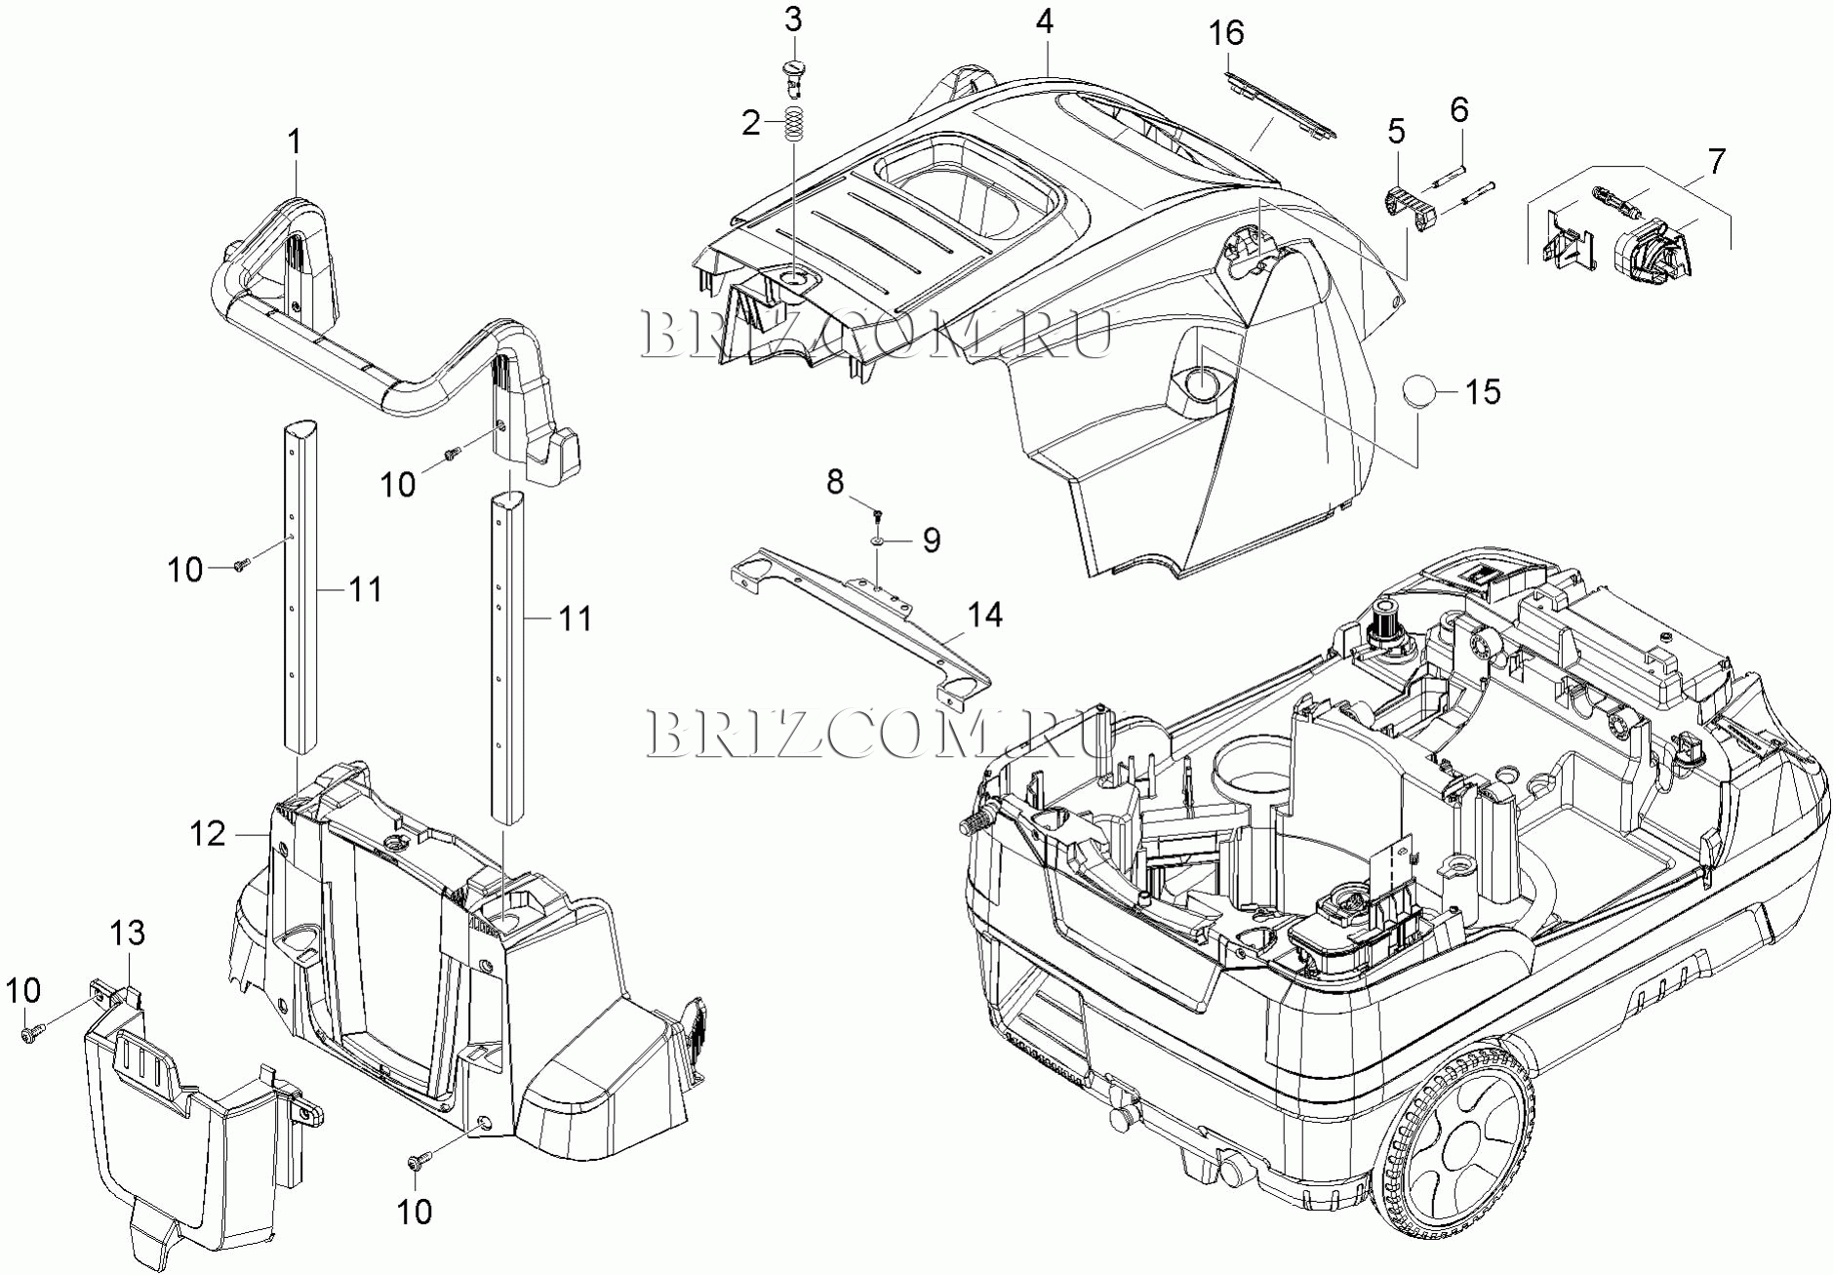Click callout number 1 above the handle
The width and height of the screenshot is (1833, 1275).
(294, 142)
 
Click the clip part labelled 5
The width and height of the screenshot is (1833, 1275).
(1404, 207)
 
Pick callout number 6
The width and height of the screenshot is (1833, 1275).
(1458, 109)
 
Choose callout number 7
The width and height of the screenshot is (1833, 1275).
(1716, 161)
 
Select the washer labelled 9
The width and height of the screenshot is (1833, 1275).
(878, 538)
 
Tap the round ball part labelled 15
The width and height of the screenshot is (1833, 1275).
(1420, 392)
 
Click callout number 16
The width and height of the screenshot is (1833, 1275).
(1226, 33)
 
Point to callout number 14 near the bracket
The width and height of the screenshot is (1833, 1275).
(984, 615)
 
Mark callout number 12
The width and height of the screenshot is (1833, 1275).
(208, 833)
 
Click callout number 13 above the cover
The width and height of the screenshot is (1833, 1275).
(128, 934)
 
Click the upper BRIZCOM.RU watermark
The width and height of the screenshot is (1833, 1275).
(876, 334)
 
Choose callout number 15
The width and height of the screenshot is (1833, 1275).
(1482, 392)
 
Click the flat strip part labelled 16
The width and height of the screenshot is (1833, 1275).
(1278, 103)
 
